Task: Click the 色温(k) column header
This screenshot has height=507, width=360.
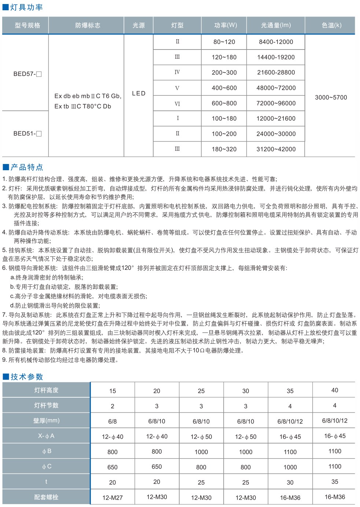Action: point(331,25)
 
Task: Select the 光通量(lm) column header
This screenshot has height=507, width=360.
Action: point(276,25)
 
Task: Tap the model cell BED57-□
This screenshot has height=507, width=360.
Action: point(27,74)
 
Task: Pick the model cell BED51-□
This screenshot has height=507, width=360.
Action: point(27,134)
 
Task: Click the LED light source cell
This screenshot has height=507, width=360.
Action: point(139,93)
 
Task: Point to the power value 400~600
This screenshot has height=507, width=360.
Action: point(224,88)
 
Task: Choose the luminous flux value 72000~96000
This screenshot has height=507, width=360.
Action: point(276,103)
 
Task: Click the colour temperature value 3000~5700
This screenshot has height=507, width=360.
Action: point(331,98)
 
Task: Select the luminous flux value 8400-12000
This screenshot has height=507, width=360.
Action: point(276,42)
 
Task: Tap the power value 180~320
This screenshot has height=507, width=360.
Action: point(224,149)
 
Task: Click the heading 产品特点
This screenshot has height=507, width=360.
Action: point(26,167)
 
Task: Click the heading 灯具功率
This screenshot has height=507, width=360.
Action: point(26,7)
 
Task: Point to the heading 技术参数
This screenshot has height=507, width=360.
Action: point(26,377)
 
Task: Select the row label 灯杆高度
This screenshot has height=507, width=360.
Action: point(46,390)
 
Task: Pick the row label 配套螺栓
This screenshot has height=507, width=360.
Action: point(46,497)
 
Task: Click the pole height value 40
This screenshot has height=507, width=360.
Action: point(334,390)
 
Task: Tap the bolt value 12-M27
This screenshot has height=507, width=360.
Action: point(113,498)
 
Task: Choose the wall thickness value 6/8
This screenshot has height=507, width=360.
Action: point(113,422)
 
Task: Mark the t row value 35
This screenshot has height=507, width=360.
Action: point(334,482)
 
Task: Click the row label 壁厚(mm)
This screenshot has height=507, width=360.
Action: point(46,421)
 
